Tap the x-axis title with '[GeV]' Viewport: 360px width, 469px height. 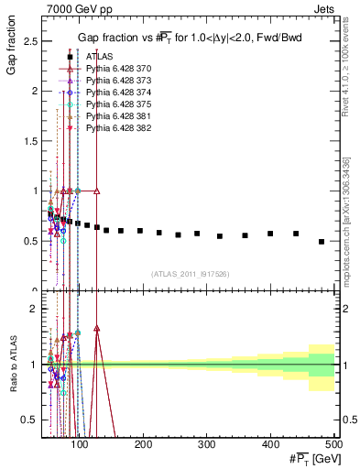[311, 458]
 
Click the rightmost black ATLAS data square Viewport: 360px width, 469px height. [322, 242]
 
